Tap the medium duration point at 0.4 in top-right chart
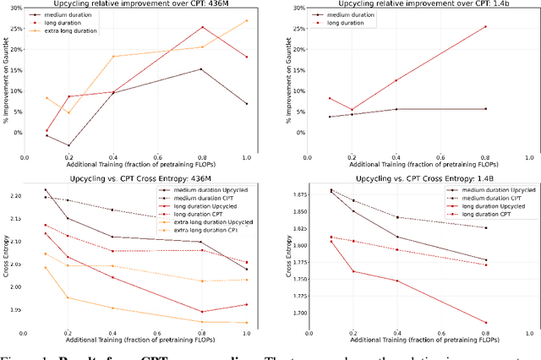396,109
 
